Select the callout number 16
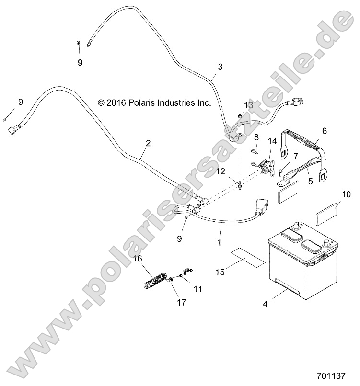click(x=138, y=259)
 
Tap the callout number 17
click(x=180, y=302)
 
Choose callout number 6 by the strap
click(x=324, y=131)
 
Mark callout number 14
click(x=272, y=141)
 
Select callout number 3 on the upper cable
click(x=220, y=67)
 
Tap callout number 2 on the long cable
click(x=148, y=143)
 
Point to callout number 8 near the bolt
click(x=256, y=137)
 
